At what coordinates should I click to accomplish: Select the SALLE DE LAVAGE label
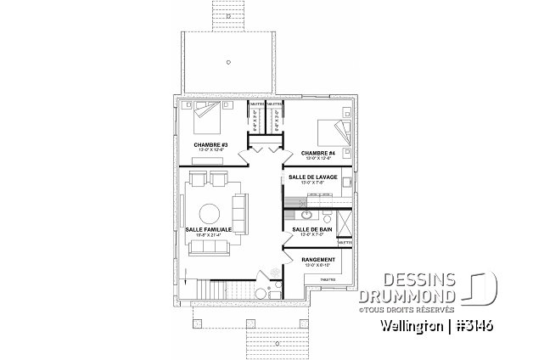pyautogui.click(x=313, y=177)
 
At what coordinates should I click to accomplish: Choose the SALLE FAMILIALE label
pyautogui.click(x=208, y=229)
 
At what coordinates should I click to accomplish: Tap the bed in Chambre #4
pyautogui.click(x=330, y=132)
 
